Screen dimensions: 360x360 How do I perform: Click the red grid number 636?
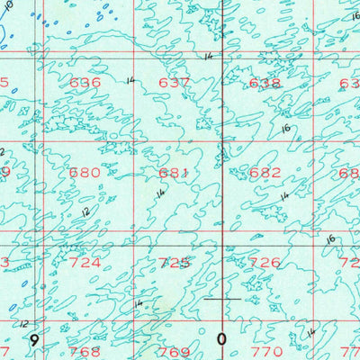click(85, 82)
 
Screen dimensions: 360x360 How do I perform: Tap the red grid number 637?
click(175, 82)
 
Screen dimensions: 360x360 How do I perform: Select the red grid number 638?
click(265, 82)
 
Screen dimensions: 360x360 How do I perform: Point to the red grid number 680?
click(85, 173)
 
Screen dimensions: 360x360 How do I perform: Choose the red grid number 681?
click(175, 173)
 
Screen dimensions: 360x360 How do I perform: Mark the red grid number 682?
click(265, 173)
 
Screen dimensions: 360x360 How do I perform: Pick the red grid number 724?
click(85, 263)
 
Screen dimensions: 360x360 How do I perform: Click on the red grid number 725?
click(175, 263)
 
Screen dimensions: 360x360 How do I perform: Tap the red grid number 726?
click(265, 263)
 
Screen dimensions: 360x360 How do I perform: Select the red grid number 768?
click(85, 351)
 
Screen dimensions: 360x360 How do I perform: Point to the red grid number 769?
click(175, 351)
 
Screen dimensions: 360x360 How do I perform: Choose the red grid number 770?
click(265, 351)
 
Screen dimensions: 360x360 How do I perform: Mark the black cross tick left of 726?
click(222, 298)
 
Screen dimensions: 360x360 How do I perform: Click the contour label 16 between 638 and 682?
click(286, 128)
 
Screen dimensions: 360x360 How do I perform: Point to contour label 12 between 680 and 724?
click(86, 212)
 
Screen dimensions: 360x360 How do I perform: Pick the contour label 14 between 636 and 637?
click(131, 82)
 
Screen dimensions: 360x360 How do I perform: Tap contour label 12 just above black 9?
click(24, 322)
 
